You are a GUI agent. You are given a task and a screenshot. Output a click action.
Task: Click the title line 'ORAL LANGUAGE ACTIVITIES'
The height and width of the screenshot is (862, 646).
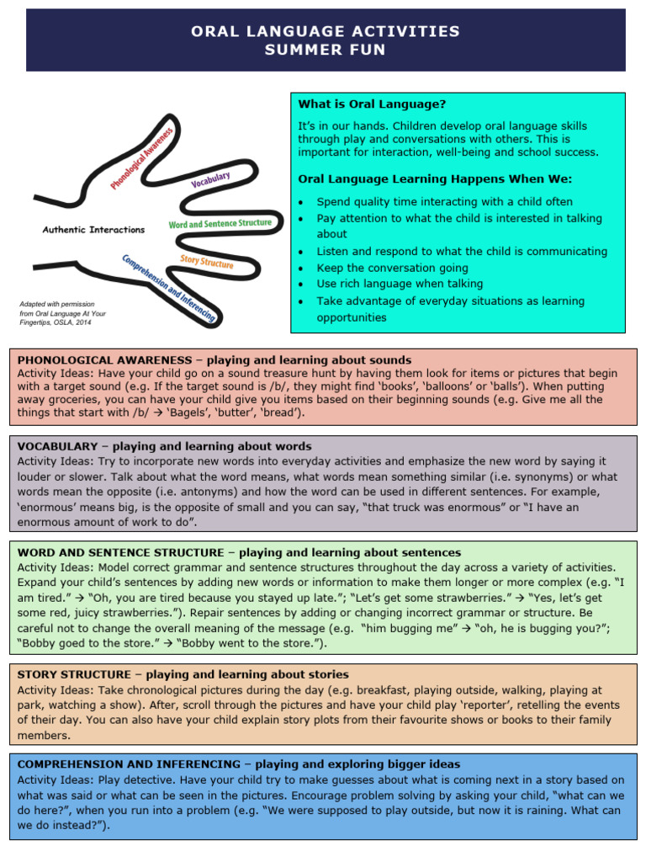pyautogui.click(x=326, y=31)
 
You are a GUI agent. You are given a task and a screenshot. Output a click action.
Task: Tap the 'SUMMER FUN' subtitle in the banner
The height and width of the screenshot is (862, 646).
pyautogui.click(x=326, y=50)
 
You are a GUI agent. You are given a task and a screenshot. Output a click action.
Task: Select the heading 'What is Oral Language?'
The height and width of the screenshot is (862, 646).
pyautogui.click(x=372, y=104)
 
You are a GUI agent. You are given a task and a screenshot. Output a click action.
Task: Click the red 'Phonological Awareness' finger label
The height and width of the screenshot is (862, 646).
pyautogui.click(x=142, y=157)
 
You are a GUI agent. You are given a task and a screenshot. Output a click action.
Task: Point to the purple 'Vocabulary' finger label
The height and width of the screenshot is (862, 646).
pyautogui.click(x=211, y=178)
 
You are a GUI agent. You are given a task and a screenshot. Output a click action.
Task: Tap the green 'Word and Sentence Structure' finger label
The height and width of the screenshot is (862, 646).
pyautogui.click(x=220, y=224)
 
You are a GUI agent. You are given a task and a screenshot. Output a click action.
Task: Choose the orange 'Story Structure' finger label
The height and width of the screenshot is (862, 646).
pyautogui.click(x=206, y=262)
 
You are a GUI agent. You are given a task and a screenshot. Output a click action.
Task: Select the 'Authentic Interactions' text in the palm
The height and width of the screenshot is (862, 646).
pyautogui.click(x=93, y=229)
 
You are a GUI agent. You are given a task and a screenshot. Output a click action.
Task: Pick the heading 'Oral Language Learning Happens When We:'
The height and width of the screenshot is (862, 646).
pyautogui.click(x=435, y=178)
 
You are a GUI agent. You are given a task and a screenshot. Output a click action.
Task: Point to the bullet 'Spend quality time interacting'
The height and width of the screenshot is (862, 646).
pyautogui.click(x=444, y=202)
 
